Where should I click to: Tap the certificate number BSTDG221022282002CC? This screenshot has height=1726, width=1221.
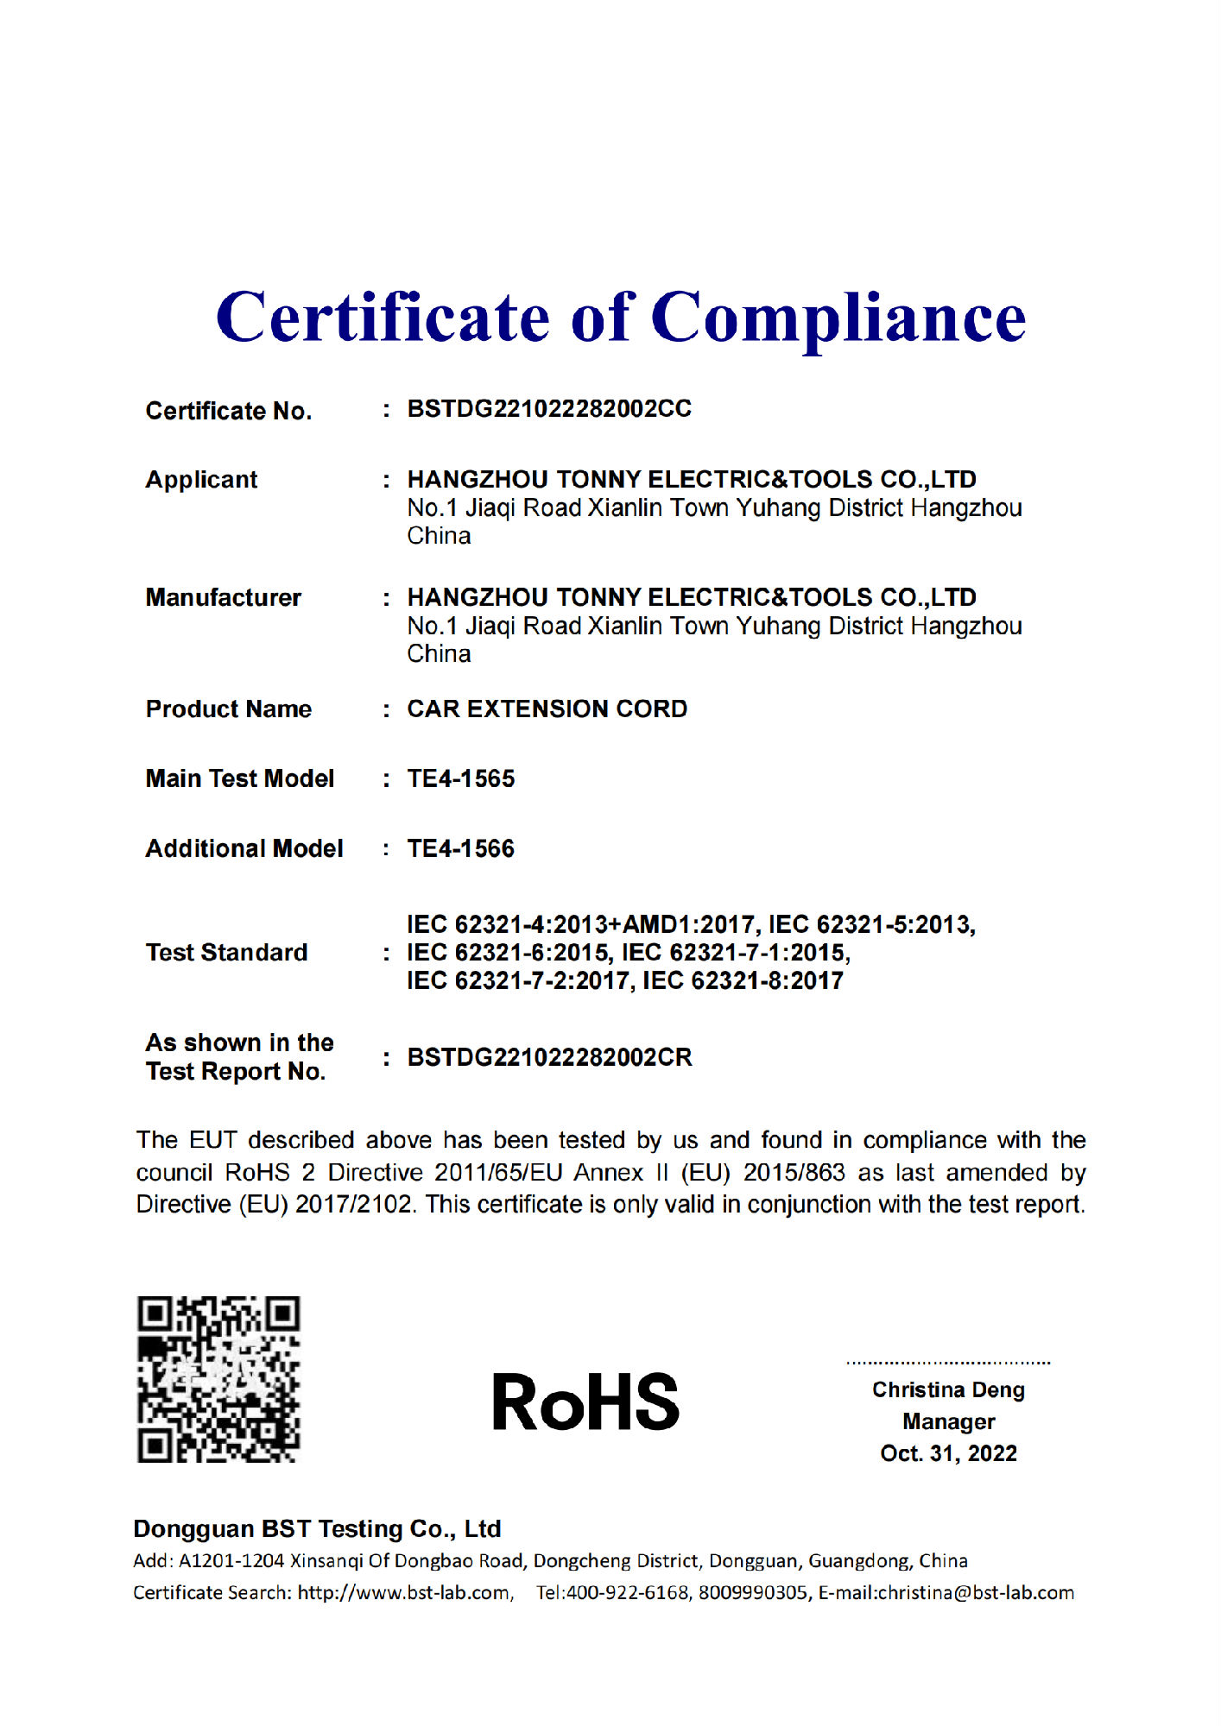click(x=549, y=409)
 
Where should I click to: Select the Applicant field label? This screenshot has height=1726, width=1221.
click(x=201, y=480)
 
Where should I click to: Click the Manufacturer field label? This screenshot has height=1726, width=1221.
click(x=223, y=597)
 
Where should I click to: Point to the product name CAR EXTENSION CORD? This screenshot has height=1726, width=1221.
click(x=547, y=709)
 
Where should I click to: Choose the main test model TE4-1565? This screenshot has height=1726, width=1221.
click(x=461, y=778)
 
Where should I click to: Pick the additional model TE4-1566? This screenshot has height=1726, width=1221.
click(x=461, y=848)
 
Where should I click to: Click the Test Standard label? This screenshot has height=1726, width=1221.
click(x=226, y=952)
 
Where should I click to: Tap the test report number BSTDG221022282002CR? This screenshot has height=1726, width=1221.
click(x=549, y=1057)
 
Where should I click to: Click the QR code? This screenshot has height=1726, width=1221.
click(x=218, y=1378)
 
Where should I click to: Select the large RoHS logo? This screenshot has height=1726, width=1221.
click(x=585, y=1402)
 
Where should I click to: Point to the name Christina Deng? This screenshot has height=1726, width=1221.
click(x=948, y=1389)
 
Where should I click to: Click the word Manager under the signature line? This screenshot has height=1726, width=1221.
click(x=948, y=1421)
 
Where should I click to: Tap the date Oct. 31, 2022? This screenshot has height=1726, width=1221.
click(x=948, y=1453)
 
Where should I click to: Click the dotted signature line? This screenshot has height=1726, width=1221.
click(x=948, y=1363)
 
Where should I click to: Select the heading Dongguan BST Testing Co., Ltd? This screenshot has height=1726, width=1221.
click(x=317, y=1528)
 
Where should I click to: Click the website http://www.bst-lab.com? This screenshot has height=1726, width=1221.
click(x=404, y=1592)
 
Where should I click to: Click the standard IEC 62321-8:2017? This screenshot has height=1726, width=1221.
click(x=743, y=980)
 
